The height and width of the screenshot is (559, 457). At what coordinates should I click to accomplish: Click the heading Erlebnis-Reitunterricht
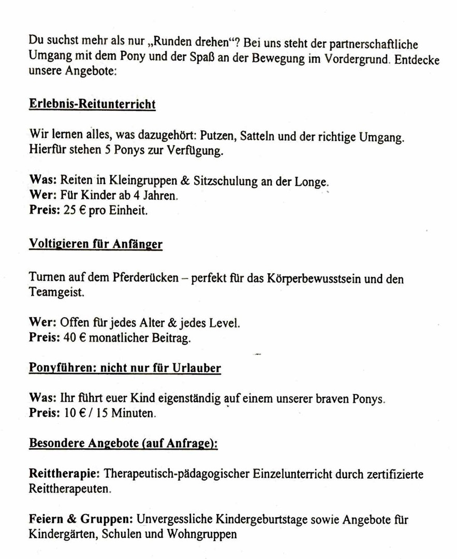[92, 104]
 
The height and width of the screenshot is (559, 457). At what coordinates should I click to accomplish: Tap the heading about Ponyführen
[125, 369]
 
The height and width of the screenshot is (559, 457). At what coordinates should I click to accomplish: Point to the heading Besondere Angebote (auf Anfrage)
[123, 444]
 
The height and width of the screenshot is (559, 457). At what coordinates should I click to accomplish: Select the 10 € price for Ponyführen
[71, 414]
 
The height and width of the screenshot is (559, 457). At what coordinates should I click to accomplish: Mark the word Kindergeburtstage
[259, 519]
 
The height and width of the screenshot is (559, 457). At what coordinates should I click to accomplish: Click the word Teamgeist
[56, 292]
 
